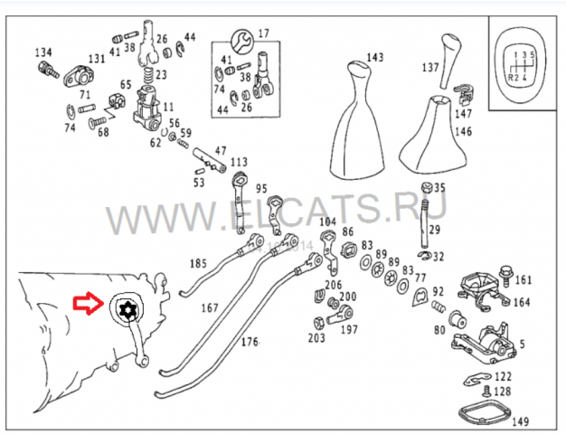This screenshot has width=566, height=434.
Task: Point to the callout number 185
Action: click(x=197, y=264)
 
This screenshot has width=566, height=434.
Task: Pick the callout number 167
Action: click(x=210, y=308)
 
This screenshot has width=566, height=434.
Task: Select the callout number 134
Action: click(x=44, y=52)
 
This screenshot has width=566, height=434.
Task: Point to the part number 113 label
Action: click(x=238, y=163)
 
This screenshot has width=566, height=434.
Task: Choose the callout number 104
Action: click(x=327, y=222)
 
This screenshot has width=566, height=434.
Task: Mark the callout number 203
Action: click(x=316, y=338)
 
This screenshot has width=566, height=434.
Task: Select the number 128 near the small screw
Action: click(x=503, y=391)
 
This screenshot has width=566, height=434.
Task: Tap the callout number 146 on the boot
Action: click(x=463, y=131)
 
